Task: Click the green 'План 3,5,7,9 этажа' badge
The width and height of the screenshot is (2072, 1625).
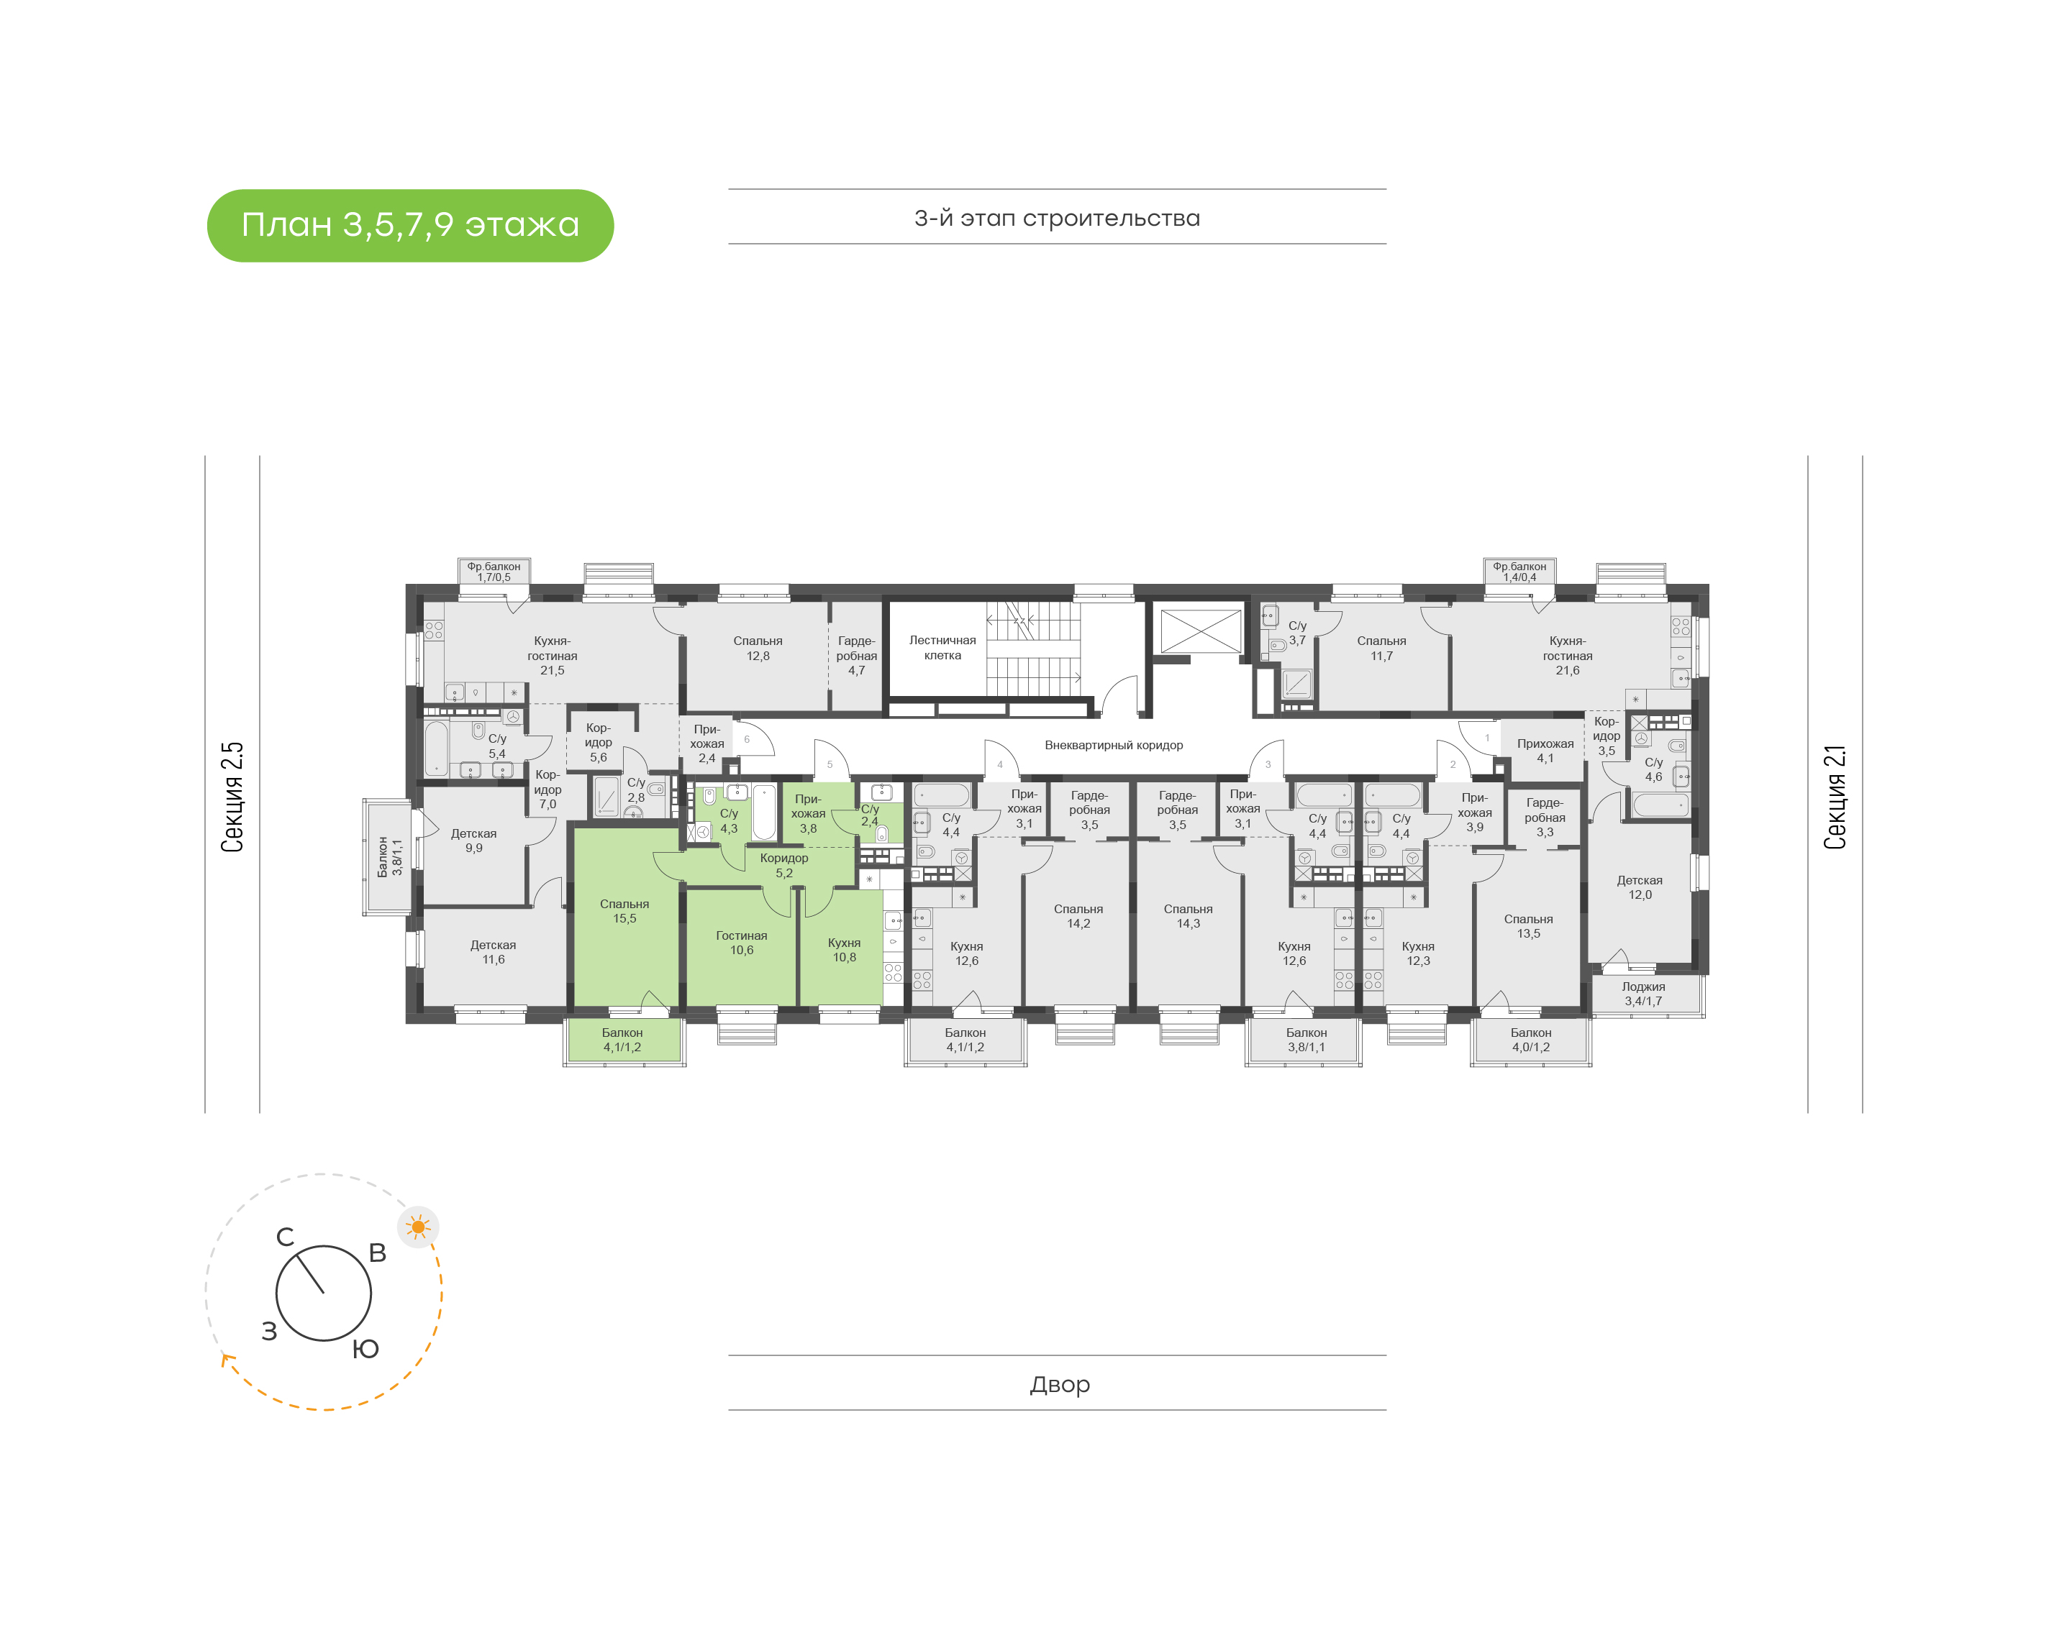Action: point(410,226)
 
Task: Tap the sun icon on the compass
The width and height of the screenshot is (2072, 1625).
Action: point(418,1227)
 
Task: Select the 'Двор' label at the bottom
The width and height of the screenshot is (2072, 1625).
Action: point(1059,1384)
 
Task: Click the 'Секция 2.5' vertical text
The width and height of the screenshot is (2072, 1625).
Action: point(233,797)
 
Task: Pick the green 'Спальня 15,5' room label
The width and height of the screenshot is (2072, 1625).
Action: point(624,912)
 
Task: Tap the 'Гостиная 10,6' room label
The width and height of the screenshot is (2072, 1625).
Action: point(742,943)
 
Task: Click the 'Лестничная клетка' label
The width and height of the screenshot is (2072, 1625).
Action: point(942,648)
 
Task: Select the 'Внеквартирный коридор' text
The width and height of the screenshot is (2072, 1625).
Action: point(1114,745)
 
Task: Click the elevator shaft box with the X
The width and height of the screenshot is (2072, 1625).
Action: point(1200,631)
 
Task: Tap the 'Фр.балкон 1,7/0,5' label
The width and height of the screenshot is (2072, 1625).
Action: point(494,572)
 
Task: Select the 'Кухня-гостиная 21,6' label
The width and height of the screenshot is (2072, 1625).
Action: point(1568,656)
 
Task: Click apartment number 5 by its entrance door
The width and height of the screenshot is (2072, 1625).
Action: point(830,765)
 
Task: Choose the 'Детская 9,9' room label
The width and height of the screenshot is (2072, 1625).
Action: point(474,841)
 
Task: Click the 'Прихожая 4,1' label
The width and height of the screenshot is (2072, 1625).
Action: point(1545,751)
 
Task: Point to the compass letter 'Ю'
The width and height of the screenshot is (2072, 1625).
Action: point(365,1349)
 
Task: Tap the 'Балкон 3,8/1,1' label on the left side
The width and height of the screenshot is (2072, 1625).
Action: point(390,856)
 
